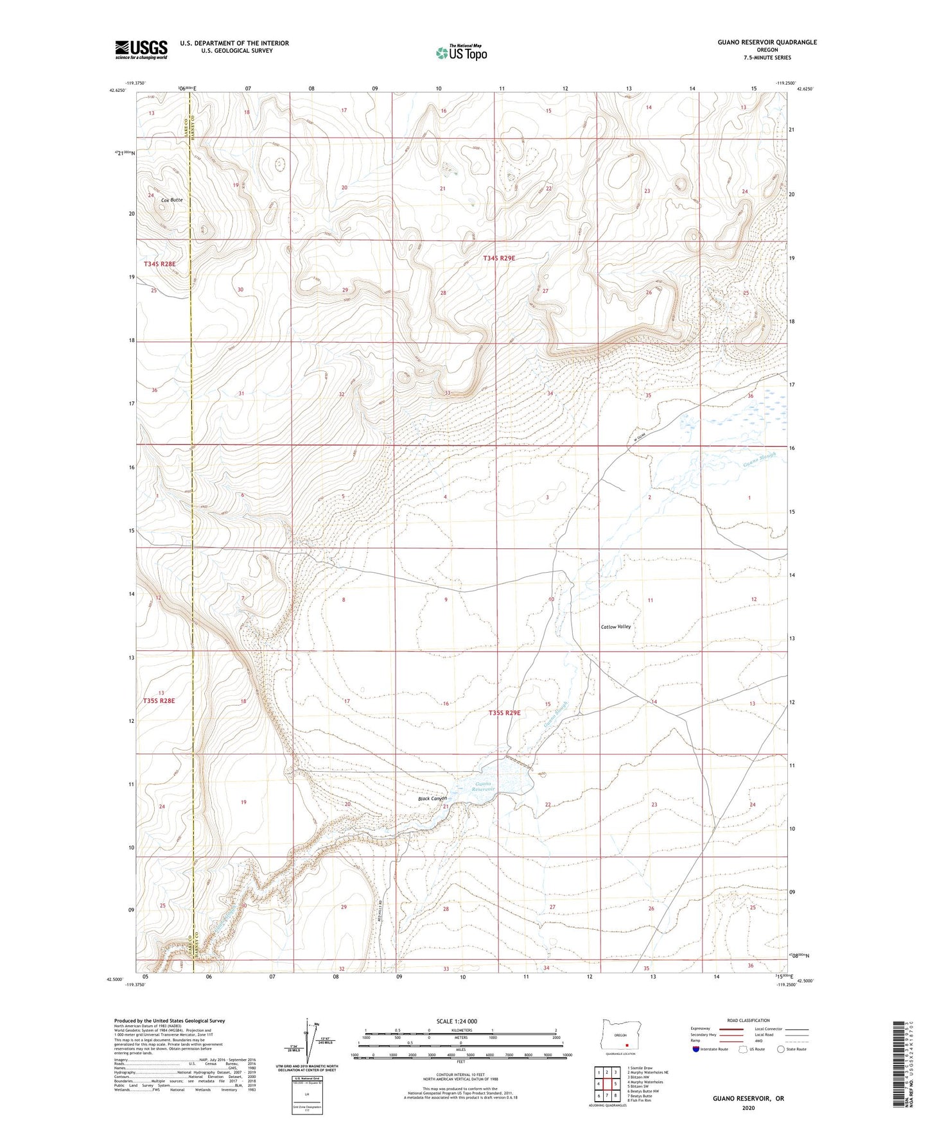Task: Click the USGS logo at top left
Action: click(141, 49)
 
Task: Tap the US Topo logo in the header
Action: click(460, 53)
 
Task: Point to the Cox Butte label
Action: click(171, 200)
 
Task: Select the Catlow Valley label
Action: click(615, 627)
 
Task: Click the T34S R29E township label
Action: click(499, 258)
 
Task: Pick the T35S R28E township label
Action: click(159, 700)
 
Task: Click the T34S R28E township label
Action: click(159, 264)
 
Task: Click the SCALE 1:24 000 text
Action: click(457, 1021)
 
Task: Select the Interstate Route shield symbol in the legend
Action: click(697, 1049)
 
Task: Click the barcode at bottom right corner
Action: click(899, 1066)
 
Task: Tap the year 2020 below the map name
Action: click(748, 1108)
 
